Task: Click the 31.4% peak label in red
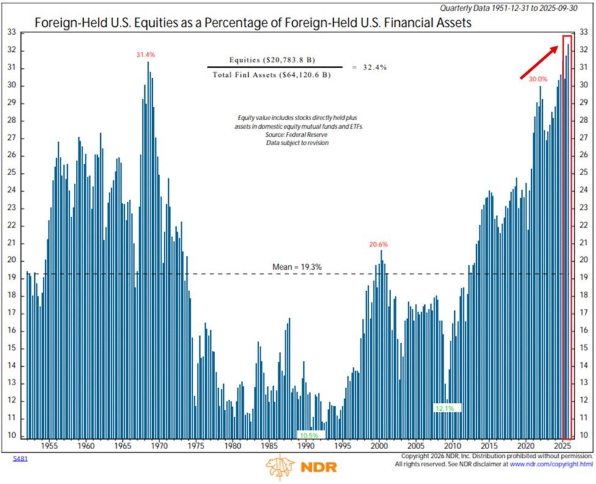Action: click(145, 55)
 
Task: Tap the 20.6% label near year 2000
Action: click(378, 245)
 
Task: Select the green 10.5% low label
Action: click(309, 435)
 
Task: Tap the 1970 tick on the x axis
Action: click(160, 446)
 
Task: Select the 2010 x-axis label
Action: click(453, 446)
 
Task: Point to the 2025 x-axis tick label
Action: click(564, 446)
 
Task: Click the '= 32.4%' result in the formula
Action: click(369, 67)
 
